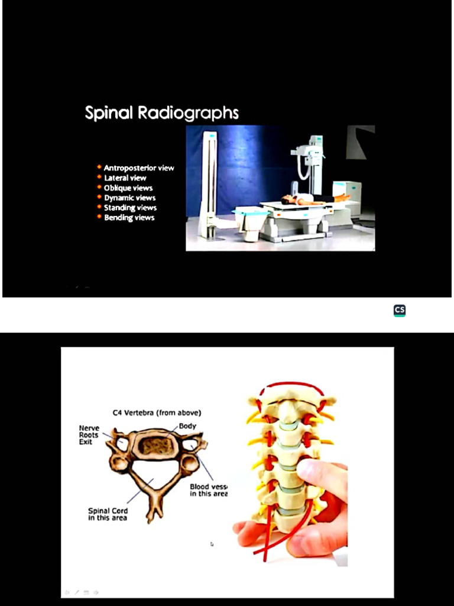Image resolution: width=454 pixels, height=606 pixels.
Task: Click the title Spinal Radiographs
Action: (161, 112)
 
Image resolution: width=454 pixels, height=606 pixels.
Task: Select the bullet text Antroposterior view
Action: (139, 168)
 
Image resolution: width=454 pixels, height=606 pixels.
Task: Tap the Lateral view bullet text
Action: (125, 178)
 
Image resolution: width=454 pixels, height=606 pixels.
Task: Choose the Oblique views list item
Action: (128, 188)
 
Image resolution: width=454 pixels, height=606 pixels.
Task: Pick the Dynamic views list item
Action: (130, 198)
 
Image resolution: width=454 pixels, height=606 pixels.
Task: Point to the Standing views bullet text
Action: (130, 208)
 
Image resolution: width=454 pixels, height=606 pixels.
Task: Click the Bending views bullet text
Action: (129, 218)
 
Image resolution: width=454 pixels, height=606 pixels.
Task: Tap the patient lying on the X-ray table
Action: (313, 199)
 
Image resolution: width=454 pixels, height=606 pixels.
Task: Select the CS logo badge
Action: (400, 311)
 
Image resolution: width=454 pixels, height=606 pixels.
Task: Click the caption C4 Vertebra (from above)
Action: (157, 412)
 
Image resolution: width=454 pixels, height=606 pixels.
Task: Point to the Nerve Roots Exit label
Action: (89, 435)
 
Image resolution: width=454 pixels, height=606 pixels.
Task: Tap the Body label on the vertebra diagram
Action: (187, 426)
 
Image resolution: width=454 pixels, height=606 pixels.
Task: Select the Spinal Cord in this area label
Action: (108, 514)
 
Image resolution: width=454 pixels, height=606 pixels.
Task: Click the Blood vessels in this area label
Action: (208, 490)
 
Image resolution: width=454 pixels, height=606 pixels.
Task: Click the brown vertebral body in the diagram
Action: (155, 446)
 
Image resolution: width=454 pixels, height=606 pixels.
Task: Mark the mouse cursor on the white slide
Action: (212, 544)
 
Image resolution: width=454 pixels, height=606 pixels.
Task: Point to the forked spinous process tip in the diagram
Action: (154, 514)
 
